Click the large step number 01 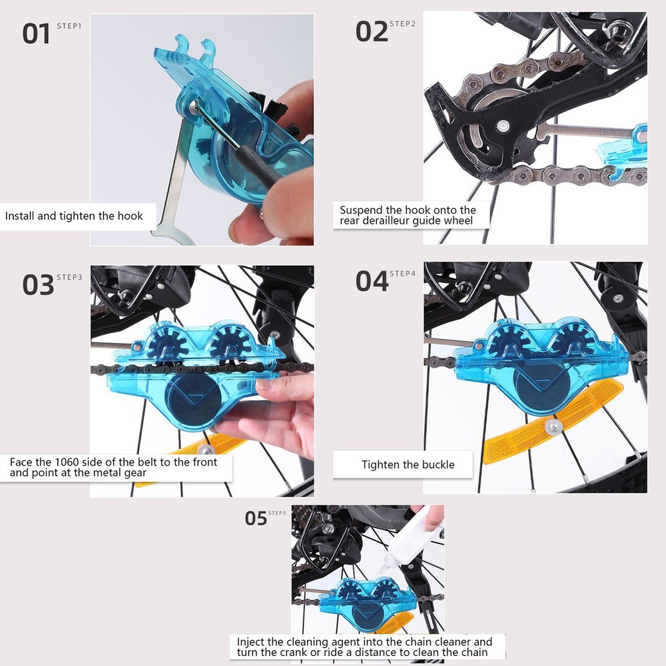37,34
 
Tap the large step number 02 371,32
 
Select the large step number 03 38,285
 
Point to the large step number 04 371,281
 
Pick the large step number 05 256,518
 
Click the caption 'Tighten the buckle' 408,464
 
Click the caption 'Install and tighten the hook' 74,216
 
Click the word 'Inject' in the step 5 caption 251,642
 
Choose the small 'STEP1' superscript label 69,25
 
